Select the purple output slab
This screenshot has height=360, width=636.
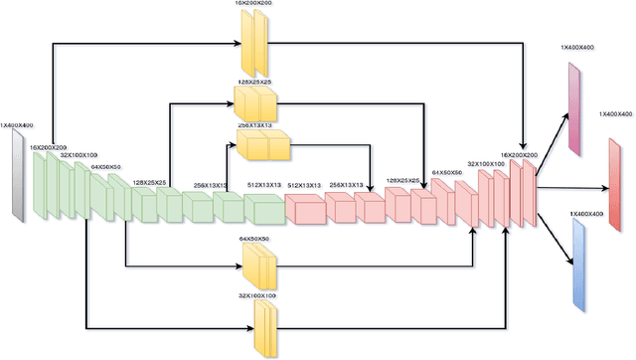[574, 108]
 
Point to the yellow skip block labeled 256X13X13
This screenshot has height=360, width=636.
[261, 146]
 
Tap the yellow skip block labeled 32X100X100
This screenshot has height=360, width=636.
[263, 325]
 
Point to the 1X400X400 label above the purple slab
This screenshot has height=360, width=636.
[574, 49]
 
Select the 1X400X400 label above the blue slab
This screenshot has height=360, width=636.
[587, 214]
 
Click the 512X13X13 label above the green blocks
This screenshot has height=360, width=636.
[264, 184]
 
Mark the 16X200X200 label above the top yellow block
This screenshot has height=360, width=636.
[255, 5]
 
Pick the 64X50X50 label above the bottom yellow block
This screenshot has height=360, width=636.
[255, 239]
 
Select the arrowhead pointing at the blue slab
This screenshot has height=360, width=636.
[569, 261]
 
